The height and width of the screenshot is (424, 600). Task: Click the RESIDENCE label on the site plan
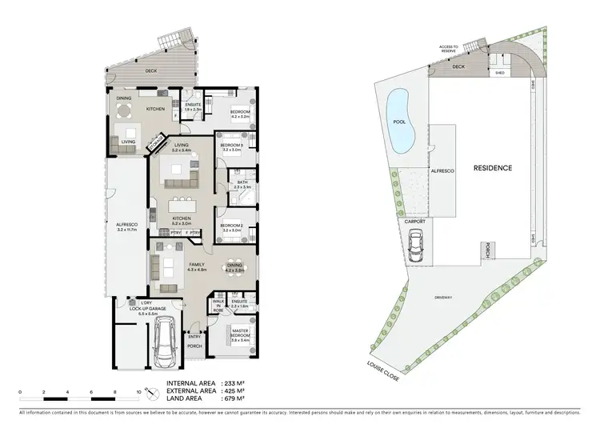coord(492,168)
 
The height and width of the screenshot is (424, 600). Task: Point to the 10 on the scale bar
coord(138,393)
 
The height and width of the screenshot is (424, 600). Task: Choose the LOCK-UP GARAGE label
coord(151,307)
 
